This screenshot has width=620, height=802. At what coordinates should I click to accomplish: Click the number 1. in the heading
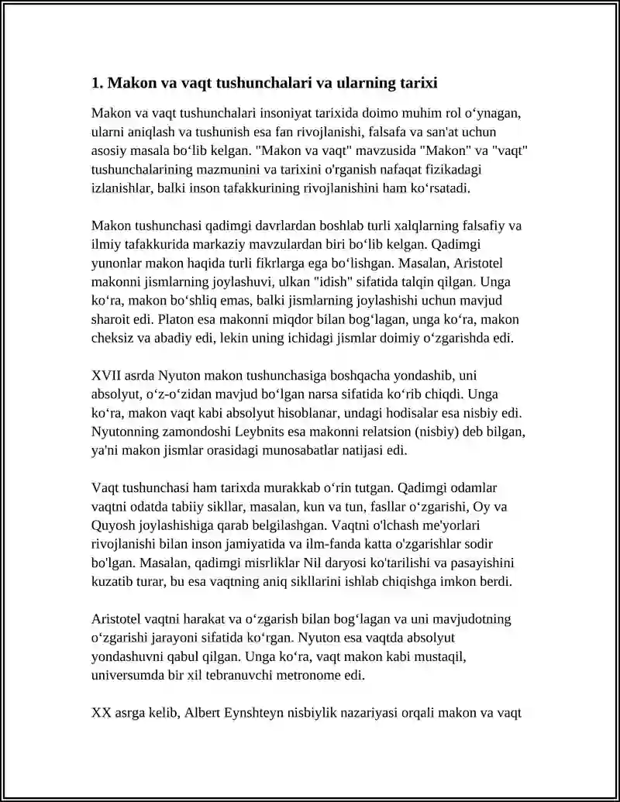[x=97, y=82]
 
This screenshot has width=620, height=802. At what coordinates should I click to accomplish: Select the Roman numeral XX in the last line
[x=102, y=711]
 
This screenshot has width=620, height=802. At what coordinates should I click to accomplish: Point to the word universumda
[x=130, y=674]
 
